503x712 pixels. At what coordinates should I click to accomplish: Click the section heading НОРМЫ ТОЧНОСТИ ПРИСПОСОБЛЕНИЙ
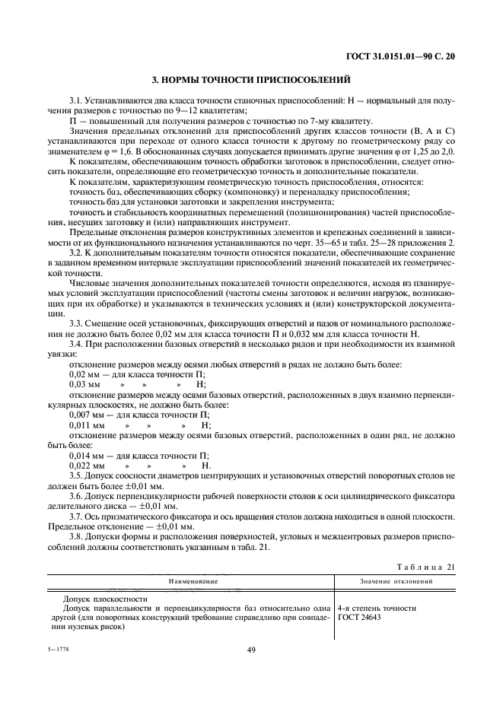click(x=251, y=78)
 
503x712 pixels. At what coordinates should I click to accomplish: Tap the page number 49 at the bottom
click(x=251, y=650)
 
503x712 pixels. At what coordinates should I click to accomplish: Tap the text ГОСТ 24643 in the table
click(x=362, y=618)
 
